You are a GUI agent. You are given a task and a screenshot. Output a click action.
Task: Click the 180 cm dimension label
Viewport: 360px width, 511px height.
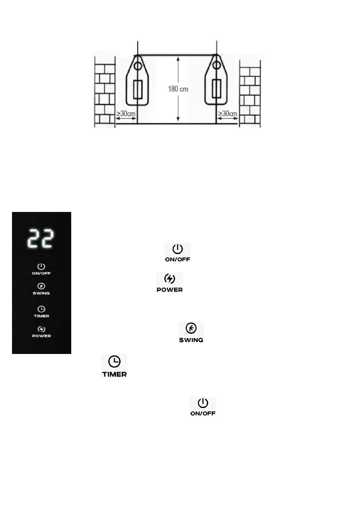(x=178, y=90)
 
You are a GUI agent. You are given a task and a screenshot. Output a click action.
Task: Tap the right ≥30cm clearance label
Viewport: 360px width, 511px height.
(x=227, y=114)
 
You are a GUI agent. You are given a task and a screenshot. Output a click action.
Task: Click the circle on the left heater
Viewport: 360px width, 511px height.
(x=137, y=67)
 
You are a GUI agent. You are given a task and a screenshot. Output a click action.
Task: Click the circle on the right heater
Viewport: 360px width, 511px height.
(x=217, y=66)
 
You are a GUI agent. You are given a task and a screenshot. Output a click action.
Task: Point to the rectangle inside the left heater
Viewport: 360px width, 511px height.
(x=138, y=90)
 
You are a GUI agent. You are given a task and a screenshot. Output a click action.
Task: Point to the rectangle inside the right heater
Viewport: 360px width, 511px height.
(x=217, y=90)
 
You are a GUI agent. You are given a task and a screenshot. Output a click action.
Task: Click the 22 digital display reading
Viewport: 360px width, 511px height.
(x=41, y=239)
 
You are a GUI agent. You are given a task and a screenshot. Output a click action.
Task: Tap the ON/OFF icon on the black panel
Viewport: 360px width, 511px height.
(x=41, y=267)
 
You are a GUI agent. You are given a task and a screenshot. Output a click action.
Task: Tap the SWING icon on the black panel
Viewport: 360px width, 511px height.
(x=41, y=286)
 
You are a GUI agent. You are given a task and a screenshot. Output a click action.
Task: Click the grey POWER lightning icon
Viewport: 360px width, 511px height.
(x=170, y=279)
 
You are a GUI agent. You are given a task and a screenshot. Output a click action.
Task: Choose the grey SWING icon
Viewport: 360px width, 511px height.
(x=191, y=328)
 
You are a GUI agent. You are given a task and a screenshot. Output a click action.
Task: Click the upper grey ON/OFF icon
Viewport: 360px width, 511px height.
(x=178, y=249)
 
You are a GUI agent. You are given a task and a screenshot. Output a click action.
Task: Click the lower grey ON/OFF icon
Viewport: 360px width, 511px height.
(x=203, y=403)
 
